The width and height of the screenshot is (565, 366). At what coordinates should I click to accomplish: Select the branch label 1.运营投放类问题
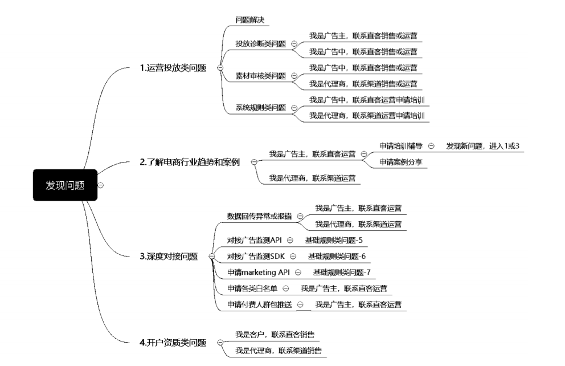click(173, 68)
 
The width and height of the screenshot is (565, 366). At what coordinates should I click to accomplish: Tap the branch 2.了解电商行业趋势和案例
click(190, 162)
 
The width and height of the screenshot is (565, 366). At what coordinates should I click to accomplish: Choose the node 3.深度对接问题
click(168, 257)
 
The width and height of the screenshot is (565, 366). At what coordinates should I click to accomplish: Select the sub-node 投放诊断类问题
click(260, 44)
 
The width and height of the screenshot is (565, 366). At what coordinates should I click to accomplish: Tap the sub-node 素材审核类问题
click(260, 76)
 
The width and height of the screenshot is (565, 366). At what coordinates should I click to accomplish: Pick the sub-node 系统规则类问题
click(260, 107)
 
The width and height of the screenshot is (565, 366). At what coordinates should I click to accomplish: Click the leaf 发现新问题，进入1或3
click(482, 146)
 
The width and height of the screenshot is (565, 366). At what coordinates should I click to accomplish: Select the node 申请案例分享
click(404, 162)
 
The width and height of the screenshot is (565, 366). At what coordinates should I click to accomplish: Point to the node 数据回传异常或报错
click(259, 216)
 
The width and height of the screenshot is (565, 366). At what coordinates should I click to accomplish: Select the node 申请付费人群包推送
click(259, 304)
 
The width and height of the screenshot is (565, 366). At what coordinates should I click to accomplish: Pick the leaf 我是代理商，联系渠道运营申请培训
click(367, 115)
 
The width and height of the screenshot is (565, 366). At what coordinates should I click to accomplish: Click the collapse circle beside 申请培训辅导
click(431, 146)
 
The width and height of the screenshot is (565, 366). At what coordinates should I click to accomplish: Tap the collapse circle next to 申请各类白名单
click(286, 288)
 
